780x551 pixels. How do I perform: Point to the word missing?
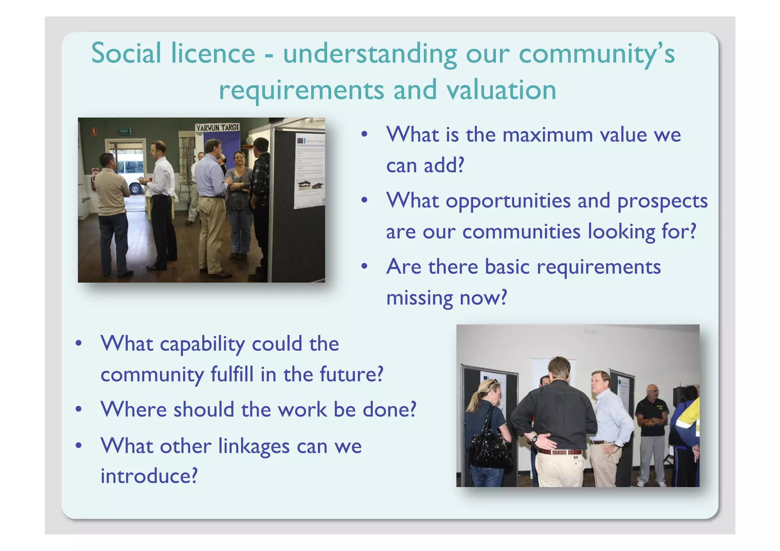click(x=420, y=297)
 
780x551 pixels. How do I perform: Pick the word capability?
click(x=202, y=344)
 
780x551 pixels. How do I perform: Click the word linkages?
click(x=254, y=446)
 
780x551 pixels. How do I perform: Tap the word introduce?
click(x=149, y=476)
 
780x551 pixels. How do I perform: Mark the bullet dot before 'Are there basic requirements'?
click(x=364, y=267)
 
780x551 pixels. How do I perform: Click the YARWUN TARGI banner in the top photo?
click(x=217, y=128)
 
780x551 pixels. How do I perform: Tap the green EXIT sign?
click(x=124, y=131)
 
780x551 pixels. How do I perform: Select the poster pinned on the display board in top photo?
click(x=310, y=171)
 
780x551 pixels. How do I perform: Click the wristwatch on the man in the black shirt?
click(x=535, y=439)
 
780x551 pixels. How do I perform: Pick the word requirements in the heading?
click(x=301, y=91)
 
